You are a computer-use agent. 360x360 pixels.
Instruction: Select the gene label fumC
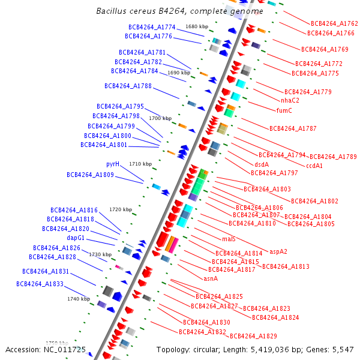tap(284, 110)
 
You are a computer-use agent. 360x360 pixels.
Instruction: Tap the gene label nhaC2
tap(290, 100)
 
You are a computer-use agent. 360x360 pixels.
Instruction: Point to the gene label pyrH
tap(113, 164)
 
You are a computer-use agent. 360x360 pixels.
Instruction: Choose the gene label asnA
tap(211, 278)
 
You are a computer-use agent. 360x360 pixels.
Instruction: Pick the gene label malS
tap(229, 239)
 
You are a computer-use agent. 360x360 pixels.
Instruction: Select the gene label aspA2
tap(278, 251)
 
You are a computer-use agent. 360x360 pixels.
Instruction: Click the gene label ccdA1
tap(314, 166)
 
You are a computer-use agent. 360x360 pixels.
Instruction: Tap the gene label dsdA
tap(262, 164)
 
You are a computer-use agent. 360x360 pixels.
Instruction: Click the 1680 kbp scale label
tap(197, 26)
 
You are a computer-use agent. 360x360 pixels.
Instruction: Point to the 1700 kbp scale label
tap(160, 118)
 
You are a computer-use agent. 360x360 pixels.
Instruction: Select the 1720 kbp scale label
tap(121, 209)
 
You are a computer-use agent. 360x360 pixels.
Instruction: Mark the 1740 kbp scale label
tap(79, 298)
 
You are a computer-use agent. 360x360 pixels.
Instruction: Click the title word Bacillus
tap(112, 11)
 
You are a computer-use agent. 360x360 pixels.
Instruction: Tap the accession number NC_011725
tap(65, 349)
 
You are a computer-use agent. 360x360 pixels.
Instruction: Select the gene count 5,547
tap(341, 349)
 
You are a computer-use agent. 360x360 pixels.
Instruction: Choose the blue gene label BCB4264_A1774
tap(152, 27)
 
